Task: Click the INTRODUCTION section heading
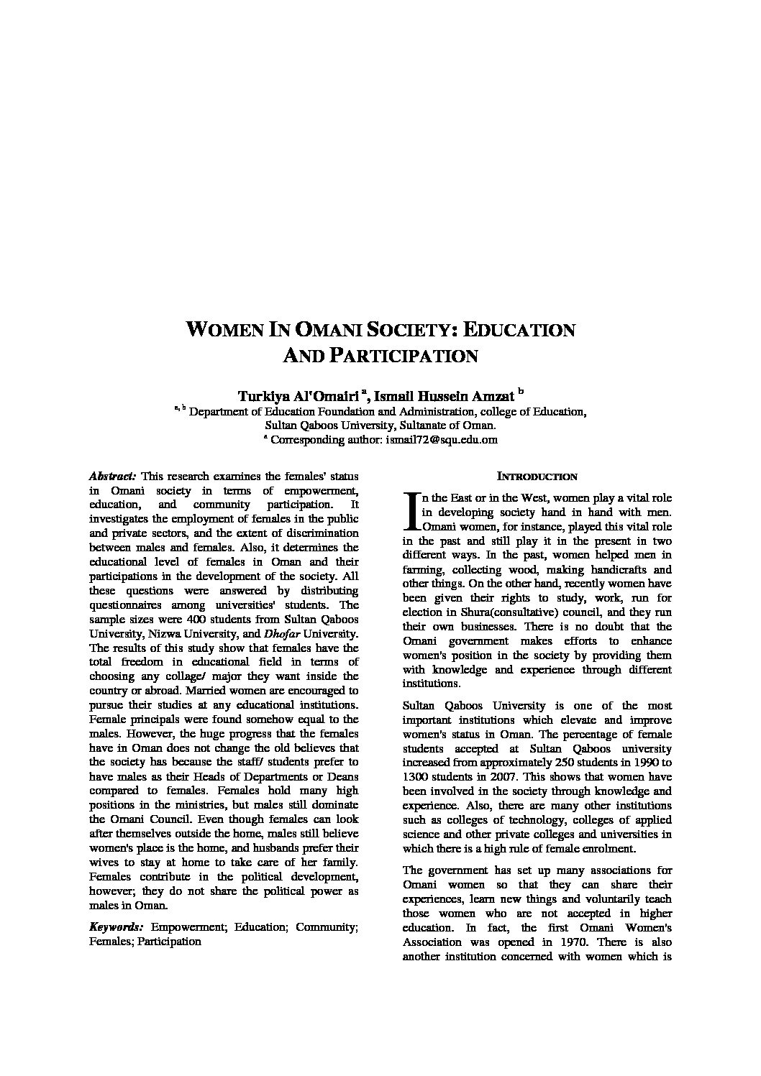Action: coord(537,477)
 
